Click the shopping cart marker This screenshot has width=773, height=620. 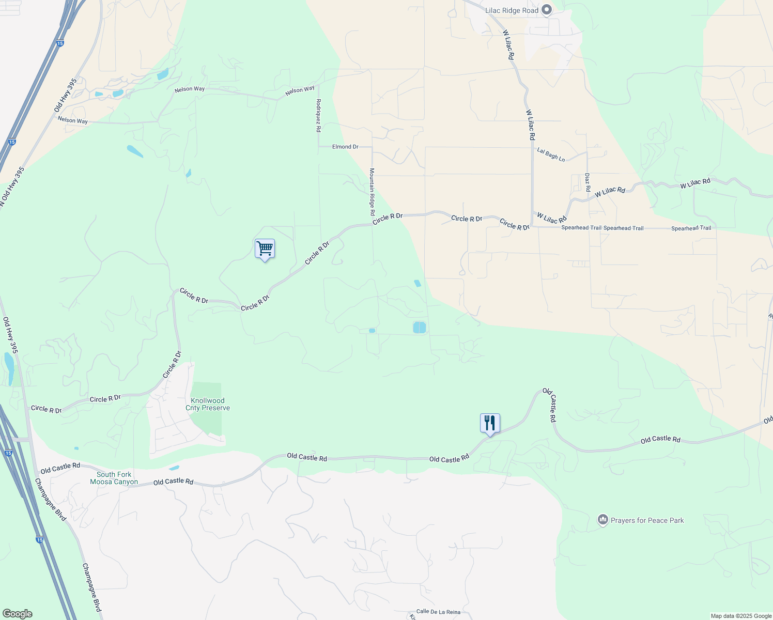[x=265, y=249]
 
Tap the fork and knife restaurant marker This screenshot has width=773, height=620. [x=489, y=423]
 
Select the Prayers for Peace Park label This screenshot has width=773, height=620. [x=647, y=520]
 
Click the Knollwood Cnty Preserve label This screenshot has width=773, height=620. [x=208, y=404]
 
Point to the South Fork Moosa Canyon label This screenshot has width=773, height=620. [x=114, y=478]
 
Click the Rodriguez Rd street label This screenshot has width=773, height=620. [x=319, y=115]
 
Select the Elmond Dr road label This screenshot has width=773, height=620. [x=345, y=147]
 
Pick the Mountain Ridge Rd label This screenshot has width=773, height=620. [x=372, y=192]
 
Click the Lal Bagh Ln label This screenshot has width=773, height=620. [x=551, y=154]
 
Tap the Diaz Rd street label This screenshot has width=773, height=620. [x=588, y=182]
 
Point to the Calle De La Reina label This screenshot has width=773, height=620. [x=438, y=612]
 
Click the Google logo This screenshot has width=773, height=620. [x=17, y=614]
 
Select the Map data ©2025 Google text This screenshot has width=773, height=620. [x=741, y=616]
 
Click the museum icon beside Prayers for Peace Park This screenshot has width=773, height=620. [x=602, y=520]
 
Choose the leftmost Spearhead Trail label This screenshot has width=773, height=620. [x=581, y=227]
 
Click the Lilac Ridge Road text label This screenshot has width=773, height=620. [x=512, y=10]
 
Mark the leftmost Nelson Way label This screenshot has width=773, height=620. [x=73, y=120]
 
